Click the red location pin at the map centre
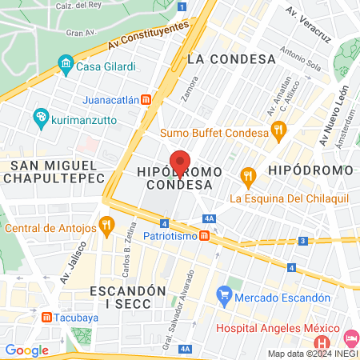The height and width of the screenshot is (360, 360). [x=180, y=162]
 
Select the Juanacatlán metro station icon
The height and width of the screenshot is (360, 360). [x=146, y=100]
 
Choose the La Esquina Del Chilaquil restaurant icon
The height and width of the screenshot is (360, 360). [x=248, y=174]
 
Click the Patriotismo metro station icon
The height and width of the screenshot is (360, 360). [x=205, y=236]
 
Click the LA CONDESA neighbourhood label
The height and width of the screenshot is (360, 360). [x=231, y=59]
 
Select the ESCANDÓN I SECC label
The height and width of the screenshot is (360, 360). [x=128, y=296]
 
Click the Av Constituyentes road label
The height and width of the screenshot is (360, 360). [x=152, y=34]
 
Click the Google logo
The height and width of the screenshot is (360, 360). [x=26, y=350]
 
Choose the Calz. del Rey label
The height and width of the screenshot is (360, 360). [x=80, y=5]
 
